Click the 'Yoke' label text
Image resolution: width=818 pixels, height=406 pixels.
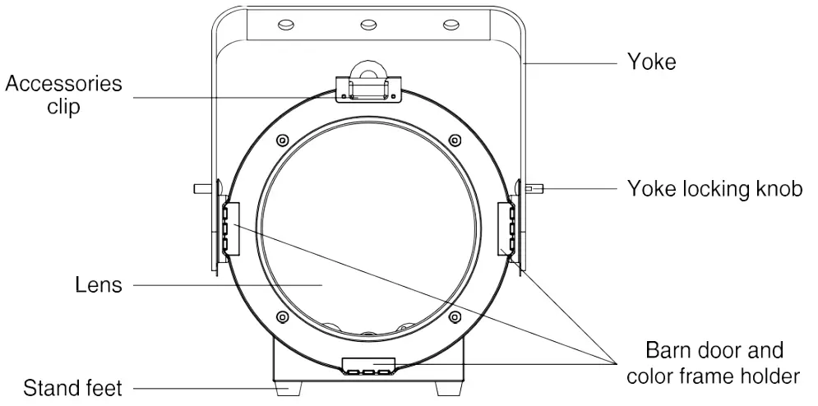[x=651, y=62]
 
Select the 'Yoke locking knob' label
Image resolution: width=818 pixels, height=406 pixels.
[x=714, y=189]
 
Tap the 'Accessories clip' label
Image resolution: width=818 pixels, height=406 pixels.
[x=64, y=95]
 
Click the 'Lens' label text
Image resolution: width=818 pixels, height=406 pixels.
[x=98, y=285]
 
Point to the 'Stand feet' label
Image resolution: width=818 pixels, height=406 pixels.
[x=72, y=387]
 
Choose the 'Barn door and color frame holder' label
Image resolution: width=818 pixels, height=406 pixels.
[x=713, y=363]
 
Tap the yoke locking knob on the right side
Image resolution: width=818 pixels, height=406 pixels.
[x=534, y=189]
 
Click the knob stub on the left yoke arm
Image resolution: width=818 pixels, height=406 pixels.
[x=202, y=188]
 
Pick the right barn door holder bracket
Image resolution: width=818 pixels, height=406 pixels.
[x=507, y=228]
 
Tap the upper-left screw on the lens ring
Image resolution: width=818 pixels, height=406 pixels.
[x=282, y=139]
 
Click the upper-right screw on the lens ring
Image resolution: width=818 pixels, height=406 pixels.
[x=455, y=139]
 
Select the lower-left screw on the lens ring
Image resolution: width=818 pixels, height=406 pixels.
[x=282, y=316]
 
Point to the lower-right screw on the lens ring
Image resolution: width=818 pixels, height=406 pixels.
[x=455, y=316]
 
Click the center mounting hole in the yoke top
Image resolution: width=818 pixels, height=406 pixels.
[x=367, y=25]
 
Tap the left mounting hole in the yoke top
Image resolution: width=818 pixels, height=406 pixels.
[x=285, y=25]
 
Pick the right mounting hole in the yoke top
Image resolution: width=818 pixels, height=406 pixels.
[x=450, y=25]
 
